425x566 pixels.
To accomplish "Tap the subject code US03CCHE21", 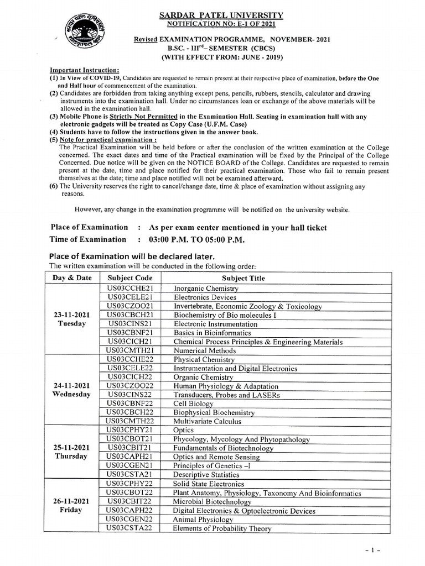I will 130,289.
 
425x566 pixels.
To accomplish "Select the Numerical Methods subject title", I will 198,350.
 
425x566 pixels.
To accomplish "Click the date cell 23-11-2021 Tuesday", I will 72,319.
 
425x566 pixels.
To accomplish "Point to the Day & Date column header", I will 72,278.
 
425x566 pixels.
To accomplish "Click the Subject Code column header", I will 130,278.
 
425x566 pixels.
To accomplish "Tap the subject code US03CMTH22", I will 130,421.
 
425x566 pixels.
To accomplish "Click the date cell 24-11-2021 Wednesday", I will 72,390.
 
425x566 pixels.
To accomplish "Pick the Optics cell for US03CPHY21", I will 184,430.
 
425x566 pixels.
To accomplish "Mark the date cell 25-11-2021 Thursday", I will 72,452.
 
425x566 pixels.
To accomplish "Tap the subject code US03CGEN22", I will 130,520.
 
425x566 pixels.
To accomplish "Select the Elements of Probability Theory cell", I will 222,528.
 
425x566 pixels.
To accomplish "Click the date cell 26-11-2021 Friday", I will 72,505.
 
